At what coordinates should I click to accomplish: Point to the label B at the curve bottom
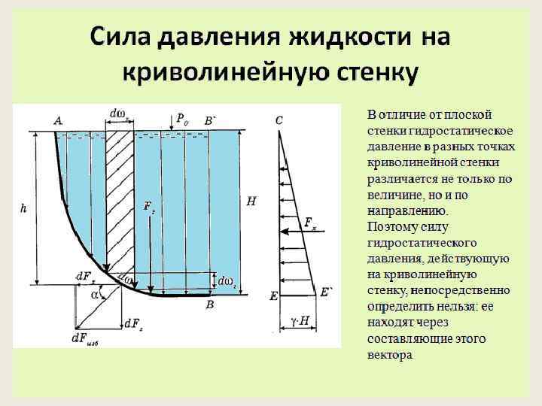[210, 304]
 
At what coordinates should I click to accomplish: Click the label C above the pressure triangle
[279, 120]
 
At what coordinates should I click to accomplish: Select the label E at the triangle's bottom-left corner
[274, 296]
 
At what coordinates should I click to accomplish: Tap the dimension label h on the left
[23, 208]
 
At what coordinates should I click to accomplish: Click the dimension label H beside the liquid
[251, 201]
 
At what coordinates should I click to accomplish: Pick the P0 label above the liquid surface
[183, 118]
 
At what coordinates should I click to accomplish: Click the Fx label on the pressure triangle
[309, 222]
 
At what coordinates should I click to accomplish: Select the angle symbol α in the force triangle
[95, 295]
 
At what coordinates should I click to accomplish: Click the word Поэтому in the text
[390, 226]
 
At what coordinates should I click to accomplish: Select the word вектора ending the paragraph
[390, 355]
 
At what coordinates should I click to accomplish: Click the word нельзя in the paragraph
[447, 307]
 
